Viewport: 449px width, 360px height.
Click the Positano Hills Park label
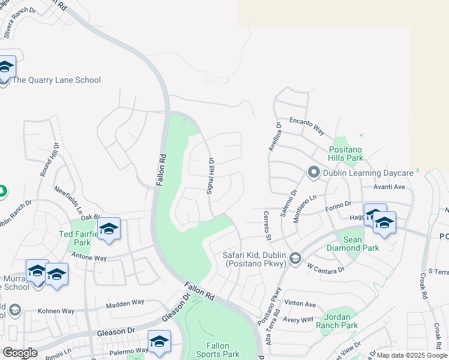point(346,154)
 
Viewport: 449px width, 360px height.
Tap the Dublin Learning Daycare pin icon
point(313,173)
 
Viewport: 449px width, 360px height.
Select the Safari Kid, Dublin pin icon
point(295,258)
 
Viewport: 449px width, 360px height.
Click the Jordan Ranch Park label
point(340,321)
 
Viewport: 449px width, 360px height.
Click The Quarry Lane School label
point(56,80)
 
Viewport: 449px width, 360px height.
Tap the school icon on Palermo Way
point(159,341)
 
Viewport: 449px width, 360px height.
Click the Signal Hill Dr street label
point(211,176)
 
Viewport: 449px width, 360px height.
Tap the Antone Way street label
point(89,258)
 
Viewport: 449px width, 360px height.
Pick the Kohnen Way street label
point(56,311)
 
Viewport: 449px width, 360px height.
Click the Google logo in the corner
point(20,353)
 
